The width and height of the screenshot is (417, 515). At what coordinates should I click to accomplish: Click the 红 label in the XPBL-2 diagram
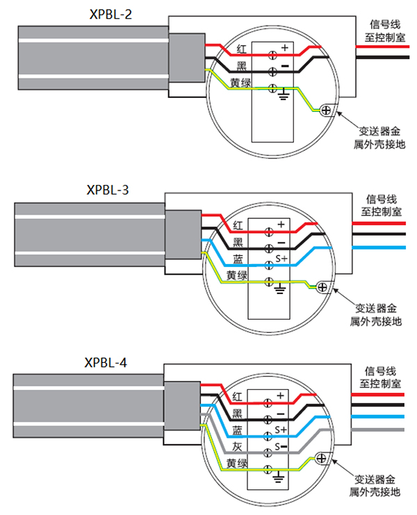242,49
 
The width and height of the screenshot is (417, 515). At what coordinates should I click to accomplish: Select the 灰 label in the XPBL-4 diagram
237,446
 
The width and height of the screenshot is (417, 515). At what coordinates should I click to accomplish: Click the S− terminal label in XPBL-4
281,446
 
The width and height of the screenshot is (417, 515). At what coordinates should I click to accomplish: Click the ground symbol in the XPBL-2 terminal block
283,92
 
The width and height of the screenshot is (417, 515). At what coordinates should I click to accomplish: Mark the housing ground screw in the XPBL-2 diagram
326,108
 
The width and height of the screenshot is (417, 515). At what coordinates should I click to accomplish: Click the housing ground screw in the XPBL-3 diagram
322,286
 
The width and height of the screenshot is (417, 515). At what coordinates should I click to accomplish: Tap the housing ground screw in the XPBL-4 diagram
320,458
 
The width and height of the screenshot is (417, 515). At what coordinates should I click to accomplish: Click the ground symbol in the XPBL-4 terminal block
280,475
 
